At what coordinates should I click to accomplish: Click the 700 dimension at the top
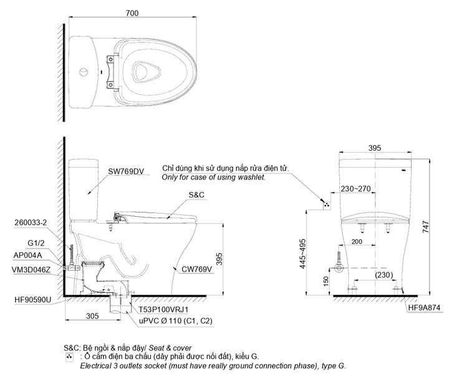tap(132, 13)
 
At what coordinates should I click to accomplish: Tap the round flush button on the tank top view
tap(84, 72)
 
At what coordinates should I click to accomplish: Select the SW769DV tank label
tap(126, 171)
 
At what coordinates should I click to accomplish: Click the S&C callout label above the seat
tap(196, 195)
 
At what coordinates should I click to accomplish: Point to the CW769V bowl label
tap(196, 269)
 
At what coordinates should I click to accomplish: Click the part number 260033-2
tap(31, 222)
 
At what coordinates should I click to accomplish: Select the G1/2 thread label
tap(36, 243)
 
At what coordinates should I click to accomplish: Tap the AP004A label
tap(27, 255)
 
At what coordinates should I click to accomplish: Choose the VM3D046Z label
tap(31, 270)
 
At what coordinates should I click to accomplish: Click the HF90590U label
tap(32, 300)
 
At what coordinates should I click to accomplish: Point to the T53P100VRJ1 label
tap(163, 310)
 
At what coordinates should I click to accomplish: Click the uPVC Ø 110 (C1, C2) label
tap(176, 321)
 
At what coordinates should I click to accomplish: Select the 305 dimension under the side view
tap(92, 316)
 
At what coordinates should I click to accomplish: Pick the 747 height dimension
tap(426, 226)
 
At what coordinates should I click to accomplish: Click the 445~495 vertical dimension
tap(302, 254)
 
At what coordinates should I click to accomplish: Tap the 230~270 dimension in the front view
tap(355, 189)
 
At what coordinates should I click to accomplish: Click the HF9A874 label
tap(424, 308)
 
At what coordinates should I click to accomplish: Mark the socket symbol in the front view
tap(327, 205)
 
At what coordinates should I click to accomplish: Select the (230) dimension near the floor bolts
tap(384, 275)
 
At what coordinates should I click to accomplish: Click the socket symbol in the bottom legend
tap(69, 357)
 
